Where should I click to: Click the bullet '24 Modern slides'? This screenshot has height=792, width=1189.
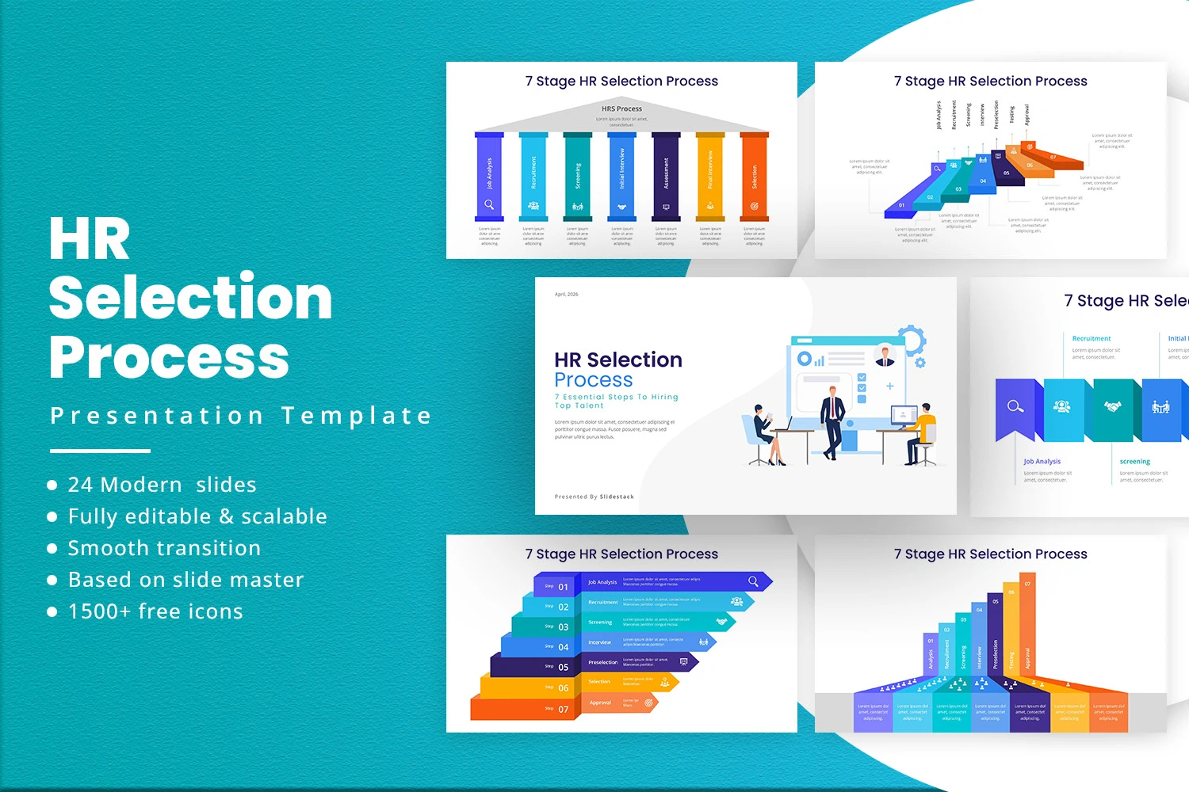162,485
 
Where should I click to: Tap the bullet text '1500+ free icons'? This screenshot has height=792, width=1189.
155,611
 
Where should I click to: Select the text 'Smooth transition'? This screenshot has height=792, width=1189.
164,548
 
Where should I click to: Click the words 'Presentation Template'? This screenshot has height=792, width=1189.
241,416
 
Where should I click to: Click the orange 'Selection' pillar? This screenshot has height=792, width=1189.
754,176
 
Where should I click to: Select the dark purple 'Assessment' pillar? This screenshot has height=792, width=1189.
666,176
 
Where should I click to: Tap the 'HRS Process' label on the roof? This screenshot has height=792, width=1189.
621,109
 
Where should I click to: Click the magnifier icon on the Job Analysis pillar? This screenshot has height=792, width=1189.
489,205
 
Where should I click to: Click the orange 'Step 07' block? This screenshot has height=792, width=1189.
523,709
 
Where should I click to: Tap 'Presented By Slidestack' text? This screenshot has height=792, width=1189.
594,497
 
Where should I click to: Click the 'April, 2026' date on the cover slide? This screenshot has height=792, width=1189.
566,295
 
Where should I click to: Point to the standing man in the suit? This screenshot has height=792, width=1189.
832,420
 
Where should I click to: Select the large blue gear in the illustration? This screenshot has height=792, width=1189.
912,341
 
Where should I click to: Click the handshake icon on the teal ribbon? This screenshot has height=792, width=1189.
1113,407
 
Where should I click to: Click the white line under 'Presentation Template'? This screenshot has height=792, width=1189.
100,451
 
